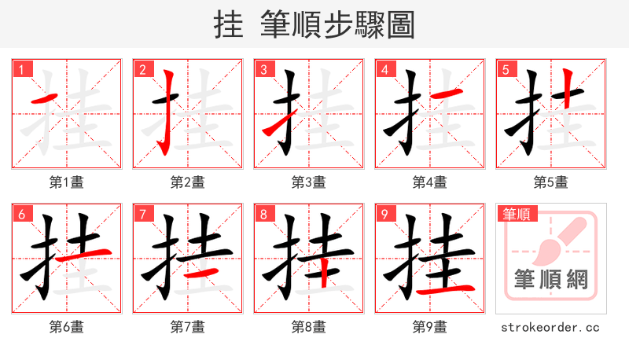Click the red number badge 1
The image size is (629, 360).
[21, 69]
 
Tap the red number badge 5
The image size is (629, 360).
[506, 69]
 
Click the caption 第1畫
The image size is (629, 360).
[66, 182]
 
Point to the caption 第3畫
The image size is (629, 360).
[308, 182]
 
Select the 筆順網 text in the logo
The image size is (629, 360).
[550, 279]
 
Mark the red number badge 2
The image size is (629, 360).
[142, 69]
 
